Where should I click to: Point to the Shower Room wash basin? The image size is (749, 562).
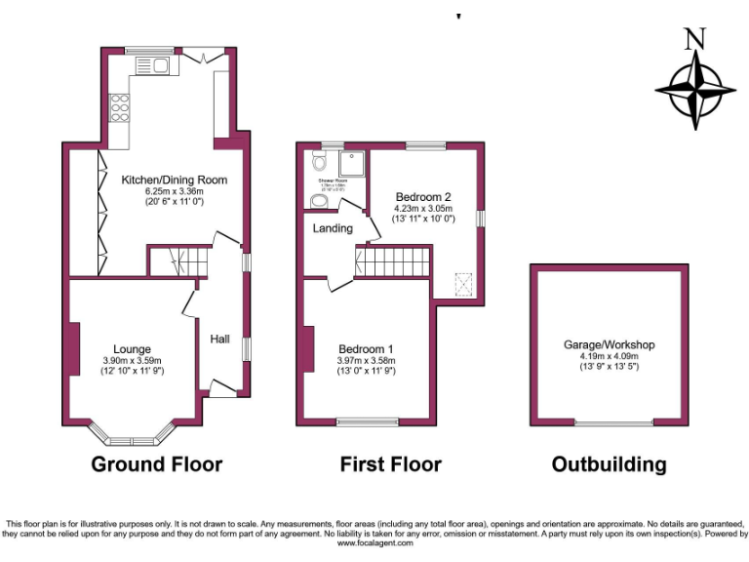[x=318, y=201]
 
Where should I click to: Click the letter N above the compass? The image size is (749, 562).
[x=694, y=40]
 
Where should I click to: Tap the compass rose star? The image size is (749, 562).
[x=694, y=91]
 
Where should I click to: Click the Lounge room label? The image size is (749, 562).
[x=132, y=348]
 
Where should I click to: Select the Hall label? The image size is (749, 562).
[x=220, y=339]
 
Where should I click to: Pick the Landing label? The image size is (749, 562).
[x=333, y=228]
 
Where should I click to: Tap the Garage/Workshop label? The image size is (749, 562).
[x=609, y=344]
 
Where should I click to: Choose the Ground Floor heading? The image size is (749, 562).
[x=156, y=463]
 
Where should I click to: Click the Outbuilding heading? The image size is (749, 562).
[x=609, y=463]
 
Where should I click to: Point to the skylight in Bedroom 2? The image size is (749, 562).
[x=463, y=284]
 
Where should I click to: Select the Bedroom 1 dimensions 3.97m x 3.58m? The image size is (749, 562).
[x=366, y=361]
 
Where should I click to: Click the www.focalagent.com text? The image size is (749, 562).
[x=374, y=543]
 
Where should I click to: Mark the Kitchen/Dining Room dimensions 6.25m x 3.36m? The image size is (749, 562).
[x=175, y=191]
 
